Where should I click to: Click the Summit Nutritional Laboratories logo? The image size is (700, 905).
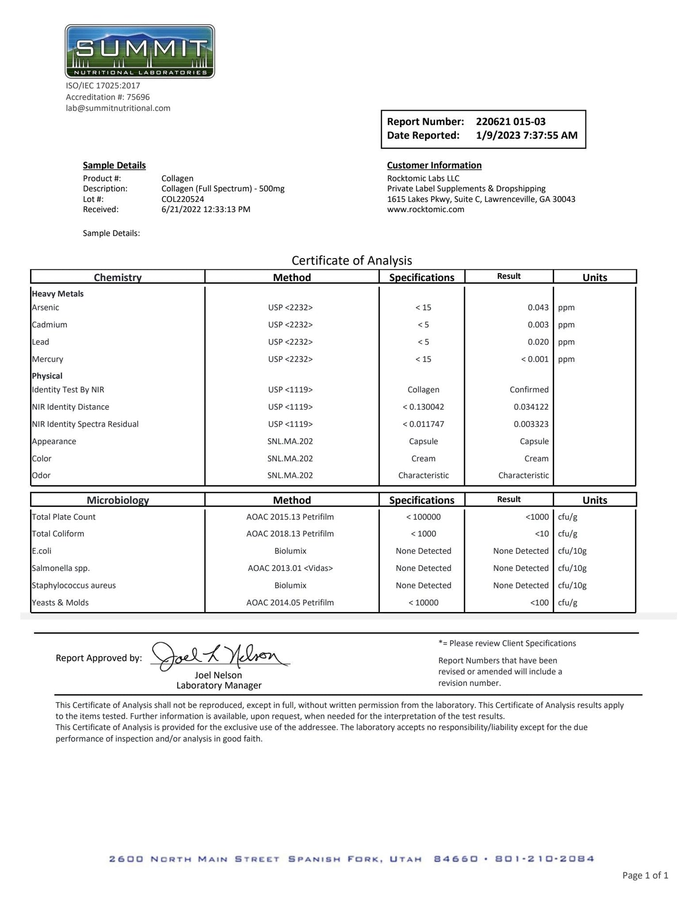(x=140, y=51)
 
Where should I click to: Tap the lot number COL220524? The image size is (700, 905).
(x=183, y=199)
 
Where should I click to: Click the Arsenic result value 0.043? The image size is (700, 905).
(x=538, y=307)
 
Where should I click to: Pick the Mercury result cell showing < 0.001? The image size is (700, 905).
(x=534, y=359)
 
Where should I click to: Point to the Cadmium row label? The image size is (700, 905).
(x=49, y=325)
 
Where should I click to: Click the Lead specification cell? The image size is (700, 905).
(x=423, y=342)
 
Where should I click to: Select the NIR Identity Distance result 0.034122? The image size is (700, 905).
(x=531, y=407)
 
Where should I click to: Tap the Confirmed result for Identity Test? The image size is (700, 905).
(x=529, y=390)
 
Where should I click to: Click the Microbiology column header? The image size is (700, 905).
(x=118, y=500)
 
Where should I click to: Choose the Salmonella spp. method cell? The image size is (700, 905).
(x=290, y=568)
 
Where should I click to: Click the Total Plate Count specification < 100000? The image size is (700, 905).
(x=423, y=517)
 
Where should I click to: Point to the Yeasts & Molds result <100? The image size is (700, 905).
(x=539, y=603)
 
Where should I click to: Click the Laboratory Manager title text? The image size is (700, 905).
(x=218, y=686)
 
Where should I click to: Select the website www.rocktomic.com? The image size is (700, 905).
(x=425, y=210)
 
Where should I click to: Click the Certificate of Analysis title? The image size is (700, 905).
(x=352, y=261)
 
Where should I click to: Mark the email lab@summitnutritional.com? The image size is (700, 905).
(x=118, y=108)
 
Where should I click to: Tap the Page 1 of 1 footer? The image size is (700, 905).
(x=645, y=875)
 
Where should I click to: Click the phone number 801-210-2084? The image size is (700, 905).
(x=544, y=859)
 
